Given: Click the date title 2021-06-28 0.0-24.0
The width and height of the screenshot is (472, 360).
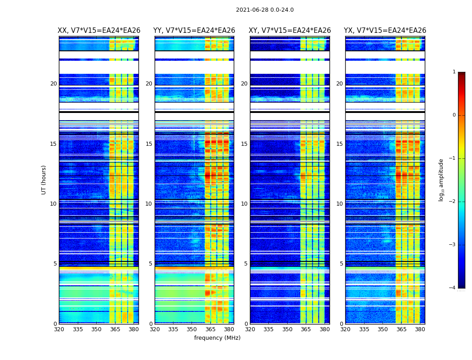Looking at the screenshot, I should point(265,10).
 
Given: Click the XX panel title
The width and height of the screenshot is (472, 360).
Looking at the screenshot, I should point(99,31).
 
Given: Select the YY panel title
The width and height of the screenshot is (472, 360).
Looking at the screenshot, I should point(194,31).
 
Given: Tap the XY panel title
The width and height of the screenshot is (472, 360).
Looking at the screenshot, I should point(290,31).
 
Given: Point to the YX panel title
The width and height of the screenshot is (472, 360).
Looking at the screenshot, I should point(385,31).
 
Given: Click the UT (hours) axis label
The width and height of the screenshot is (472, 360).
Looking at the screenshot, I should point(44,180).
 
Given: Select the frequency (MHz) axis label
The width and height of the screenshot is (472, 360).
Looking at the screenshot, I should point(217,338).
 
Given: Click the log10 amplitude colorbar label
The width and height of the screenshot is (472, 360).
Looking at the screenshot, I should point(441,180).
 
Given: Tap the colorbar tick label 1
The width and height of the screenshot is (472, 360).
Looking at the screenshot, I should point(454,72).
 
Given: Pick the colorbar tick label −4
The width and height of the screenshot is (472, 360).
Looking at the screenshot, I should point(453,288).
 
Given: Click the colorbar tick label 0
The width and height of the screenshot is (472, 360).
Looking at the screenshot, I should point(454,115).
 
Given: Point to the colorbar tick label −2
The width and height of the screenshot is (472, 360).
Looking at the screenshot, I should point(453,202).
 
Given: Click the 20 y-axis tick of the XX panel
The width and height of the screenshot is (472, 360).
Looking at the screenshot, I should point(53,84).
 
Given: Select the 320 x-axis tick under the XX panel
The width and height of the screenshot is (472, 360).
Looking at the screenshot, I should point(59,329).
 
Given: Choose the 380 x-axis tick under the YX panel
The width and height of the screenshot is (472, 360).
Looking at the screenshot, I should point(420,329).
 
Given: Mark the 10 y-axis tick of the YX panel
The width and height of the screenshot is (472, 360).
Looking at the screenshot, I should point(339,204).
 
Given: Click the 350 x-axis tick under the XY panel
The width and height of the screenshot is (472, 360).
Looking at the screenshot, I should point(287,329).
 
